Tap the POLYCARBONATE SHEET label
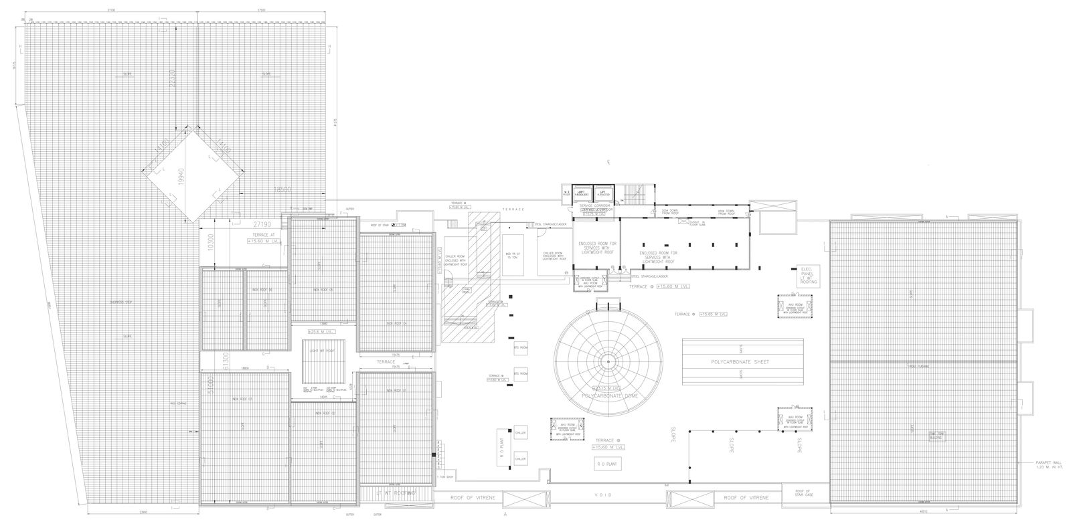(x=742, y=361)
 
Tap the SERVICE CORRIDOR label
(x=595, y=205)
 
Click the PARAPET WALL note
(x=1044, y=464)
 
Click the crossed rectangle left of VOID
(x=524, y=500)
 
